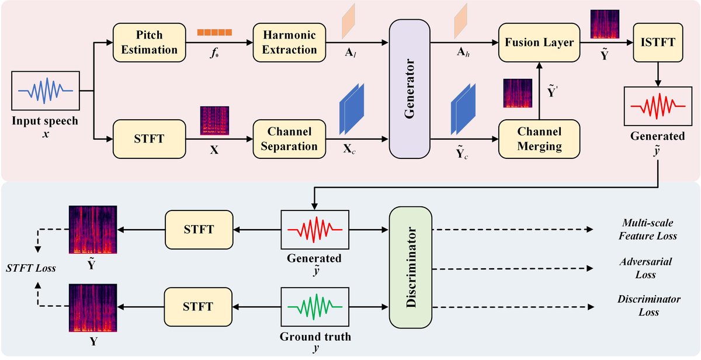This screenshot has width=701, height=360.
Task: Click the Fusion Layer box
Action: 537,42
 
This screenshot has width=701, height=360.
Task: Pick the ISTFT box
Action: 658,42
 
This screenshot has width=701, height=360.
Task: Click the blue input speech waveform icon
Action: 44,91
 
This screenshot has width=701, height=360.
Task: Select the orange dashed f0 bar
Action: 214,32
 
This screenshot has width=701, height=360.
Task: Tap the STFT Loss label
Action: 32,269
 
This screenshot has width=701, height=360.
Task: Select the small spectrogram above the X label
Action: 214,121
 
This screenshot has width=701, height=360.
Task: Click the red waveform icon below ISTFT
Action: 658,107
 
